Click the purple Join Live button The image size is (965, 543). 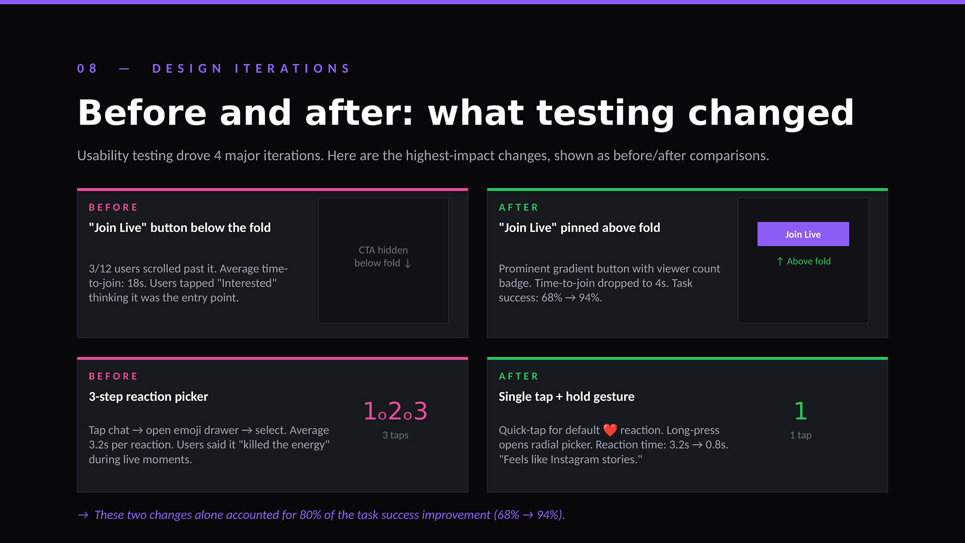click(x=803, y=234)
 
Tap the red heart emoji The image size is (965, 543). click(x=610, y=430)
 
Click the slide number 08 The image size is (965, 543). click(x=87, y=68)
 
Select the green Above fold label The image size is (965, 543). click(x=803, y=261)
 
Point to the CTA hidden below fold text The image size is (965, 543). click(x=383, y=256)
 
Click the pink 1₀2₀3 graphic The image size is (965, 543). click(x=396, y=411)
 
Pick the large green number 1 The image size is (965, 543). click(x=801, y=411)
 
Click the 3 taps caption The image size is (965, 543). click(x=396, y=435)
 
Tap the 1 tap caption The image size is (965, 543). click(x=801, y=435)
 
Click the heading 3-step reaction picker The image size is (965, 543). click(x=148, y=396)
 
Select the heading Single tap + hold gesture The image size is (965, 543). click(x=566, y=396)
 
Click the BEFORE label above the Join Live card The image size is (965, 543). click(x=113, y=207)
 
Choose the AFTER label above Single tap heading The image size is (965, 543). click(x=518, y=376)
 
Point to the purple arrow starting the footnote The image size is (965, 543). click(x=83, y=515)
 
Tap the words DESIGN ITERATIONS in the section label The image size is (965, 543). click(x=251, y=68)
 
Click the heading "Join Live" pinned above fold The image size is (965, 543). click(x=580, y=227)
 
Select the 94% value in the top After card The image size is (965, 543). click(x=590, y=297)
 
